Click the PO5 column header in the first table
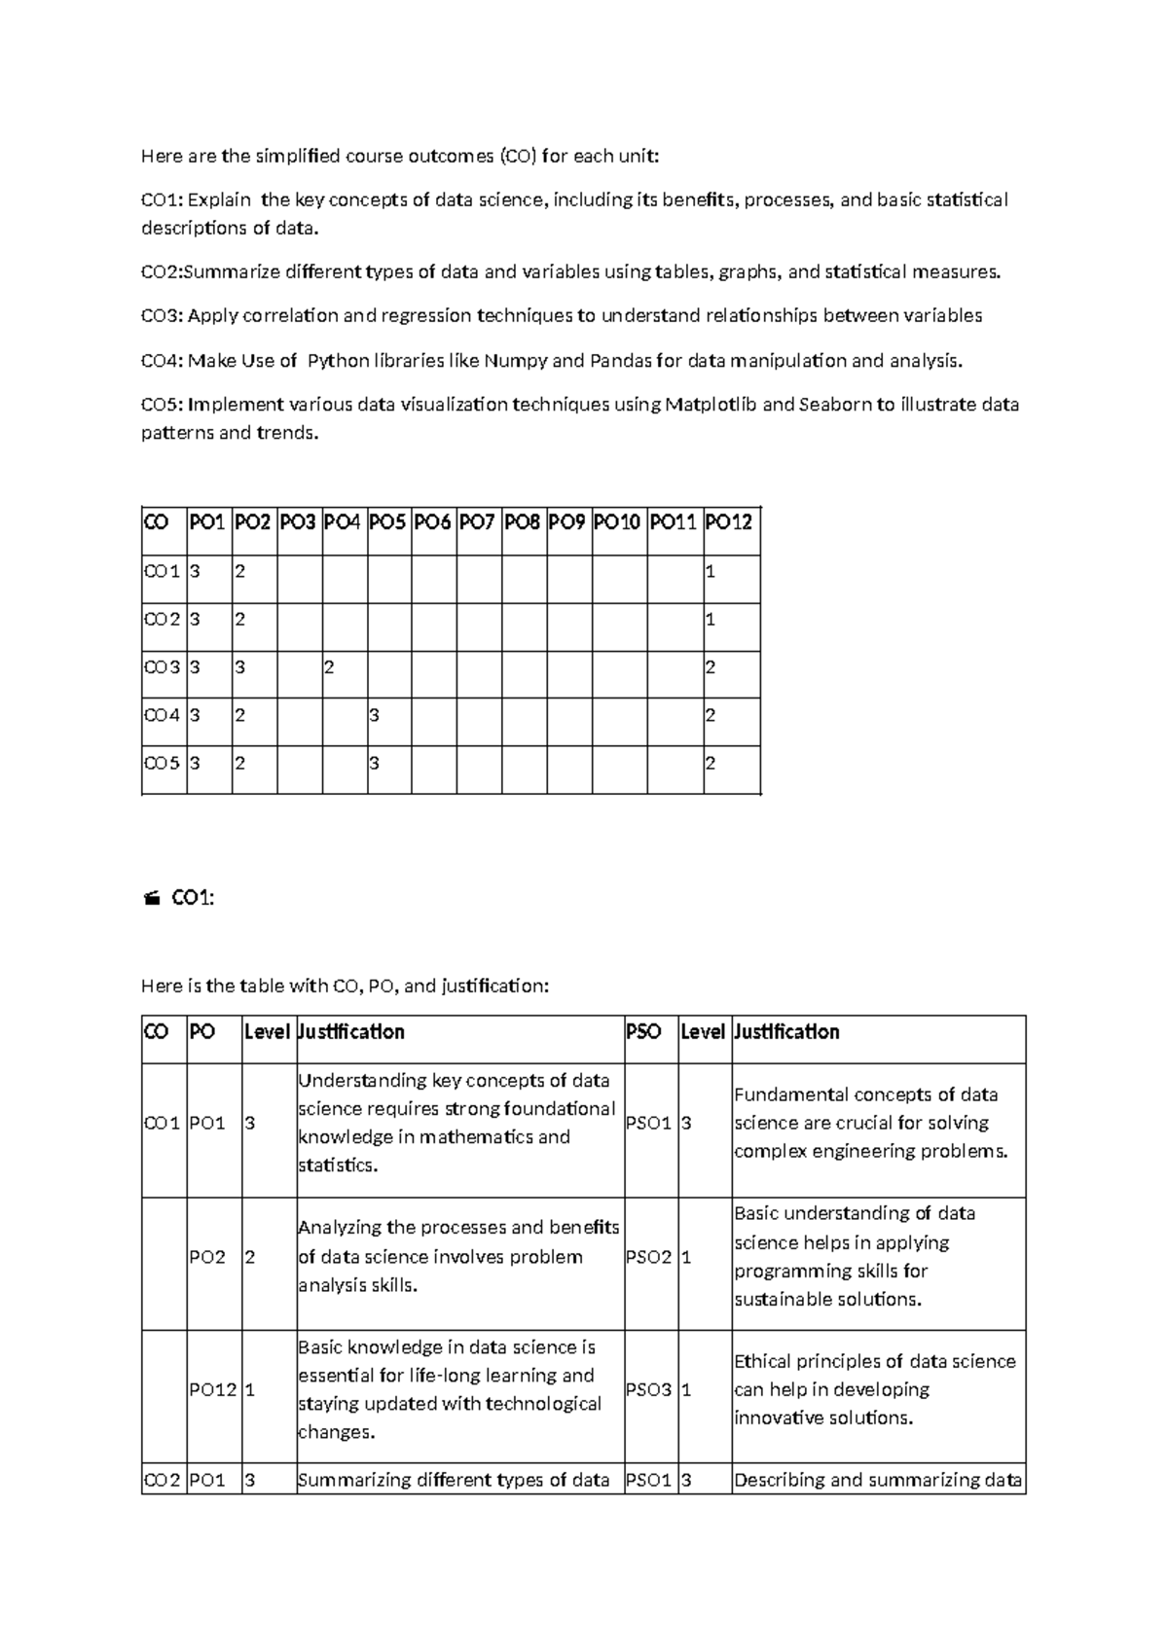pyautogui.click(x=387, y=522)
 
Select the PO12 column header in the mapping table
pyautogui.click(x=729, y=522)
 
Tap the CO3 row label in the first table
pyautogui.click(x=162, y=667)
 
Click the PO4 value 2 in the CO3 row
pyautogui.click(x=329, y=667)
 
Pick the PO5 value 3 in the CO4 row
pyautogui.click(x=374, y=715)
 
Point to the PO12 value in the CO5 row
pyautogui.click(x=711, y=763)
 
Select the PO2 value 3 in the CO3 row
pyautogui.click(x=239, y=667)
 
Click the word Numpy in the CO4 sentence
pyautogui.click(x=515, y=361)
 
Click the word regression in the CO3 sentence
pyautogui.click(x=426, y=315)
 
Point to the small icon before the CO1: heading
pyautogui.click(x=151, y=900)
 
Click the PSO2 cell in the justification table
pyautogui.click(x=648, y=1257)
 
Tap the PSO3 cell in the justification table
pyautogui.click(x=648, y=1390)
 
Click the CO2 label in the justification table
pyautogui.click(x=162, y=1481)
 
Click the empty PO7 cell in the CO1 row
pyautogui.click(x=479, y=572)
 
